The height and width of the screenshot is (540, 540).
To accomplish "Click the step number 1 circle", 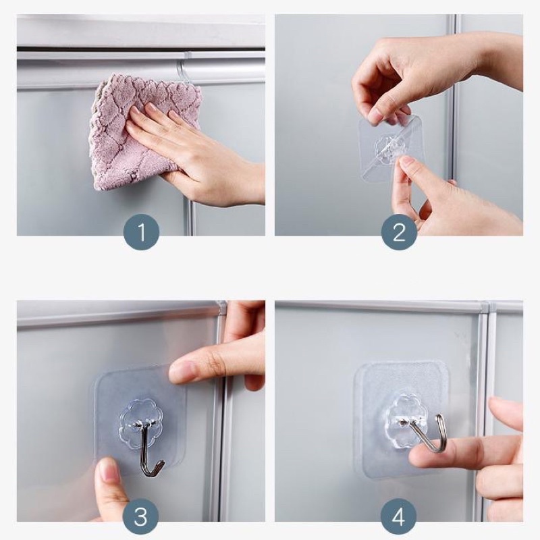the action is [141, 232].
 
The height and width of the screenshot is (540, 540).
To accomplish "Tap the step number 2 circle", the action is [399, 232].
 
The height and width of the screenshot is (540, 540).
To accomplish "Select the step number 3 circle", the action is [140, 516].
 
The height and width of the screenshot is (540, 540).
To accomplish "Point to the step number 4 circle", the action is [398, 516].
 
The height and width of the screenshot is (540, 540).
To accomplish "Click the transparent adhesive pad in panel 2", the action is [391, 148].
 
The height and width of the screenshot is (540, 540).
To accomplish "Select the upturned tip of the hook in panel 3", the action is [161, 464].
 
